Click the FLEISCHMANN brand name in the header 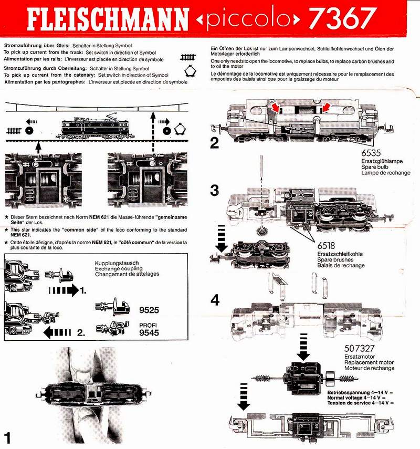[108, 19]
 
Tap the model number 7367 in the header [342, 18]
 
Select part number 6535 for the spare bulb [371, 153]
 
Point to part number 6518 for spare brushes [326, 246]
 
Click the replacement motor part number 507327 [359, 348]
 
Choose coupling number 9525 [149, 310]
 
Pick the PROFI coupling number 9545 [149, 333]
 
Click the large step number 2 [214, 143]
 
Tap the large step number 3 [214, 190]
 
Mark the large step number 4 [215, 300]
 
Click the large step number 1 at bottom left [7, 438]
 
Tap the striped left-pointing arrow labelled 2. [57, 332]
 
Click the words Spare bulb [375, 167]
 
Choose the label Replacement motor [369, 362]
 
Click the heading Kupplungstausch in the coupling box [117, 263]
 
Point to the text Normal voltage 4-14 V [356, 398]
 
